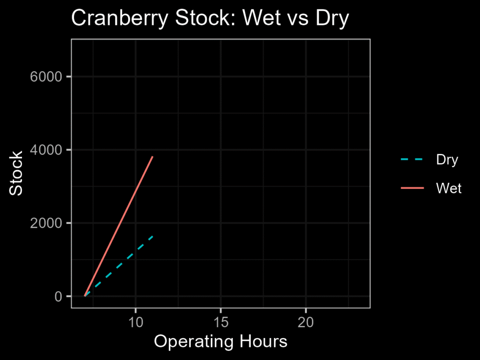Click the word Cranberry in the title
(120, 18)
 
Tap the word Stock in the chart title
(203, 18)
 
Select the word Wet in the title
(262, 18)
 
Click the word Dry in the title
(332, 18)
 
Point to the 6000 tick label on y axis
(46, 76)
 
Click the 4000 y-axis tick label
(46, 150)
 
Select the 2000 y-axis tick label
(46, 223)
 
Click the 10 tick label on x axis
(135, 322)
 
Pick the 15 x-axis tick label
(221, 322)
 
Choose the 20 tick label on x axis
(306, 322)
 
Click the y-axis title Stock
(16, 173)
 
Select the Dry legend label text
(447, 160)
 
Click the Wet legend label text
(449, 188)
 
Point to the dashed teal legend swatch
(412, 159)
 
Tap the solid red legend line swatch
(412, 187)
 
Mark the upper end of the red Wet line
(152, 157)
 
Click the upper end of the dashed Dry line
(152, 236)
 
